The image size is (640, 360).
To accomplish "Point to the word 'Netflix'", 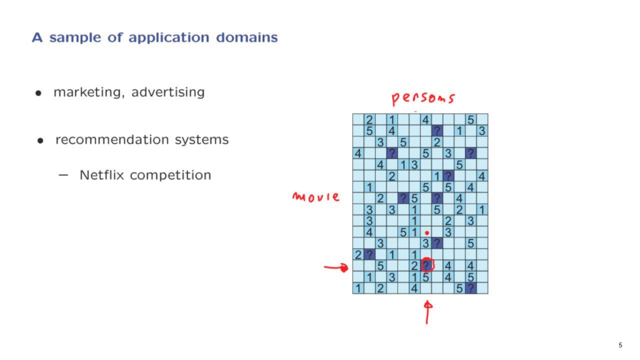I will tap(101, 175).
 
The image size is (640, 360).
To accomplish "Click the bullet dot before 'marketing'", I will tap(39, 93).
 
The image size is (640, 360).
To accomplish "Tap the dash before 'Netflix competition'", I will tap(64, 175).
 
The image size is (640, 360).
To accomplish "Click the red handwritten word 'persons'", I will tap(423, 99).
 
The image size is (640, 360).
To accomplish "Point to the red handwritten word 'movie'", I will tap(316, 197).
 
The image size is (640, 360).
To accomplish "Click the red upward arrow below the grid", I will tap(428, 312).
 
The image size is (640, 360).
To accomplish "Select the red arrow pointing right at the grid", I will tap(336, 269).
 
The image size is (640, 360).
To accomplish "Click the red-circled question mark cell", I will tap(427, 266).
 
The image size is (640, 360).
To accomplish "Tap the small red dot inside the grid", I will tap(427, 232).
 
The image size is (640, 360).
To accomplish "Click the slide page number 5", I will tap(620, 345).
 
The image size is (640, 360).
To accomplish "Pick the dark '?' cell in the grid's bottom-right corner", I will tap(471, 288).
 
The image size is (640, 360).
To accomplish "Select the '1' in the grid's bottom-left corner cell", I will tap(358, 288).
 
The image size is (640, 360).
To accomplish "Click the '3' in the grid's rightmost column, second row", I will tap(482, 131).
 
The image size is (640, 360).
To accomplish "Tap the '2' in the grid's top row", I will tap(369, 119).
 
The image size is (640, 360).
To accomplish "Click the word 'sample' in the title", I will tap(76, 37).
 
